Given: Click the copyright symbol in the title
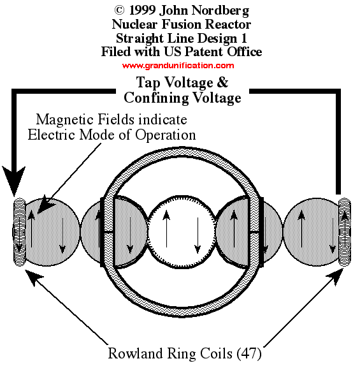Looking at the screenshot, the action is click(119, 10).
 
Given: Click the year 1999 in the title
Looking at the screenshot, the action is click(142, 10).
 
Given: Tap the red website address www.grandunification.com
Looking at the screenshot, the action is click(178, 65).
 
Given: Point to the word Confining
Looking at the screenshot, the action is click(156, 98).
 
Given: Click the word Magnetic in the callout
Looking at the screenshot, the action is click(65, 120).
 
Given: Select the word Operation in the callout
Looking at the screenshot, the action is click(165, 135).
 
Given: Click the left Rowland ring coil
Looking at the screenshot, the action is click(20, 232).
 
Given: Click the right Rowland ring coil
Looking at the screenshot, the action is click(345, 232).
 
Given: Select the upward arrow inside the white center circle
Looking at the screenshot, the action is click(166, 229).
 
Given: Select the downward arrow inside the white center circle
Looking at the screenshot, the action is click(198, 235).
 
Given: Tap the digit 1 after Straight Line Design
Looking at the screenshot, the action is click(244, 38).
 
